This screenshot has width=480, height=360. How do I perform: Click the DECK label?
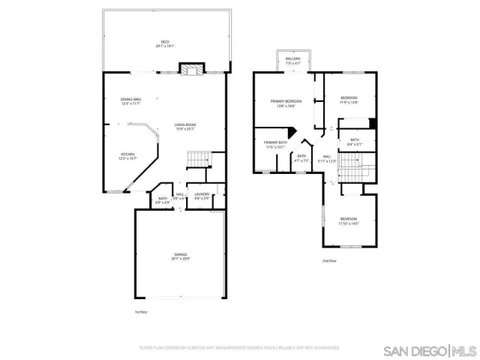[x=164, y=41]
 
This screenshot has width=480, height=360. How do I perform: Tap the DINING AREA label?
[x=131, y=99]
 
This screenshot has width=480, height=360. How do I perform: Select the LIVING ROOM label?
[x=185, y=124]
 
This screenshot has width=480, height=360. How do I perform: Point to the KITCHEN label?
[x=128, y=154]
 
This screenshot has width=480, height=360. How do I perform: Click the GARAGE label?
[x=181, y=254]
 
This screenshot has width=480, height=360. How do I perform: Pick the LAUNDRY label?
[x=202, y=194]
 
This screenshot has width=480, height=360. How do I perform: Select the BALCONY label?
[x=293, y=58]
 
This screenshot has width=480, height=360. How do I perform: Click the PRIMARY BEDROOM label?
[x=286, y=100]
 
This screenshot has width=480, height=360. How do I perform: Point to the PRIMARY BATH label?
[x=276, y=142]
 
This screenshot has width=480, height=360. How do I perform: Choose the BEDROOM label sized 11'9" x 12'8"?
[x=349, y=98]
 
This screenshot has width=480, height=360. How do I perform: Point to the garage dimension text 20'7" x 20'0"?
[x=181, y=259]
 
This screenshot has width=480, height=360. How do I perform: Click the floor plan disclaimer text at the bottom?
[x=239, y=348]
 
